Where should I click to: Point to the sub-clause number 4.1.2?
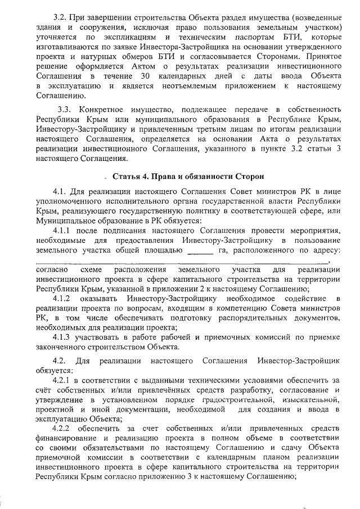pos(64,297)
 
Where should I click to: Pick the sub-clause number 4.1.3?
pos(64,337)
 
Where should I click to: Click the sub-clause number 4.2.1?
pos(64,380)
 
